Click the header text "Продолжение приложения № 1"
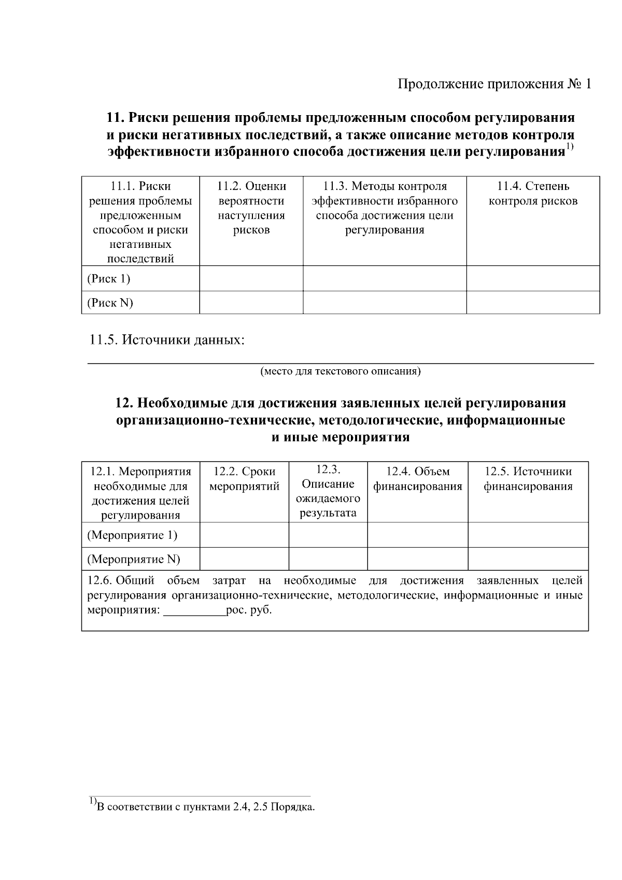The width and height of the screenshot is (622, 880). click(x=494, y=84)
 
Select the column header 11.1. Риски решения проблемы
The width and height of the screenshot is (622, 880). click(x=140, y=222)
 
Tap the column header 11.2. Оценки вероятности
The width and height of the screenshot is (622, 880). click(x=251, y=208)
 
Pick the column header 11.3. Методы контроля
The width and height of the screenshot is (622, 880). click(x=385, y=208)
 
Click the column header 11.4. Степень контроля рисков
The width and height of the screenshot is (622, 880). click(x=533, y=193)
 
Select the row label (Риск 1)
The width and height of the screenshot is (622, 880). click(x=108, y=279)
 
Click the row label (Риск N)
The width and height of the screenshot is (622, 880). click(x=110, y=303)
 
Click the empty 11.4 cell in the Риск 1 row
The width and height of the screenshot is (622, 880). click(x=533, y=278)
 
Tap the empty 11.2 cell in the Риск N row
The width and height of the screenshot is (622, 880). click(x=251, y=303)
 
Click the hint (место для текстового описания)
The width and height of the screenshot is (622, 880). click(x=340, y=371)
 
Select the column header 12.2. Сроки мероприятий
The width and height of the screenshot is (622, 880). click(x=244, y=479)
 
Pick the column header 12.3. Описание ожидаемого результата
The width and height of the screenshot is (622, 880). click(x=328, y=491)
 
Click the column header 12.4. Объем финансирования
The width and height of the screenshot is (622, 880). click(x=418, y=479)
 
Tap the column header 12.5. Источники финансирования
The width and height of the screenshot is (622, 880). click(x=528, y=479)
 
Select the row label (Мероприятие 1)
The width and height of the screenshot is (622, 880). click(x=132, y=535)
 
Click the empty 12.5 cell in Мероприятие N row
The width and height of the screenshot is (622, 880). click(x=528, y=559)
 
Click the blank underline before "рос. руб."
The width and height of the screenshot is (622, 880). click(x=194, y=611)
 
